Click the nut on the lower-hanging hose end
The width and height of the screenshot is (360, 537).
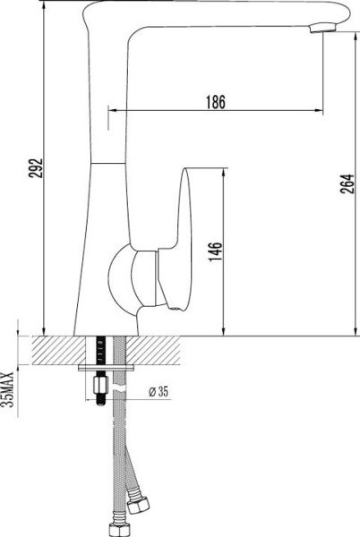click(117, 528)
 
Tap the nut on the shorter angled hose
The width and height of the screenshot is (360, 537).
click(139, 507)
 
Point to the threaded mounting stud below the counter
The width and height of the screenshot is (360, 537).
click(100, 387)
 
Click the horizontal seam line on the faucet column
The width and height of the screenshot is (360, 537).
click(110, 162)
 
